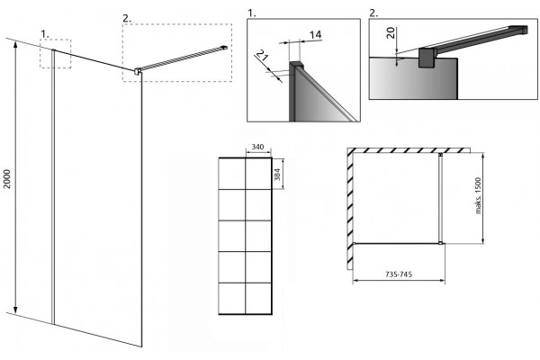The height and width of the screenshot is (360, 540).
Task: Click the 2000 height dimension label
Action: [7, 179]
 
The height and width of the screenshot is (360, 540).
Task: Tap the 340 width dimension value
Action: [257, 147]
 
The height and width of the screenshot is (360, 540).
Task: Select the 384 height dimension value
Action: [277, 175]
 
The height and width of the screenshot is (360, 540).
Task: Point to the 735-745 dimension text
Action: [399, 274]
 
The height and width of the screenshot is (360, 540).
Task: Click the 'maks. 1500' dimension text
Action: [479, 195]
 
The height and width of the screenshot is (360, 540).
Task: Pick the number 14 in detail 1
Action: [316, 35]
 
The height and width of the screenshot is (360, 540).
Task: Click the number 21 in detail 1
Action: [263, 55]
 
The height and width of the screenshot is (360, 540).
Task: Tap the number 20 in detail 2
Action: [391, 33]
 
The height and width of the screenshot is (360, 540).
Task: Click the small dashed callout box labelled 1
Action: [56, 54]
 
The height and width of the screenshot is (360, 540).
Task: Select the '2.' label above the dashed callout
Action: [127, 19]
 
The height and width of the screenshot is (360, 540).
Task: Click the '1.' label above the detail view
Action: [252, 13]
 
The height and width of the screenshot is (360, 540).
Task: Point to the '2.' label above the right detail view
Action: [373, 13]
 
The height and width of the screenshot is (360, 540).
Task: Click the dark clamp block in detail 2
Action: [427, 58]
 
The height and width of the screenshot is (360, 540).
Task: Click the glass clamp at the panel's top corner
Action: [138, 71]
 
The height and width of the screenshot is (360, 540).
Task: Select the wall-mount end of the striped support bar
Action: [224, 47]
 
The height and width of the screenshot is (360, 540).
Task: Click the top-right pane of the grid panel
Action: [258, 174]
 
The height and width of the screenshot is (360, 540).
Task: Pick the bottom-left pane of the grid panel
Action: [232, 298]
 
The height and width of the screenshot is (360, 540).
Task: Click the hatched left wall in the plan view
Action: [350, 209]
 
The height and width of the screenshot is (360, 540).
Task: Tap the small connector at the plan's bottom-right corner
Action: [440, 243]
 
